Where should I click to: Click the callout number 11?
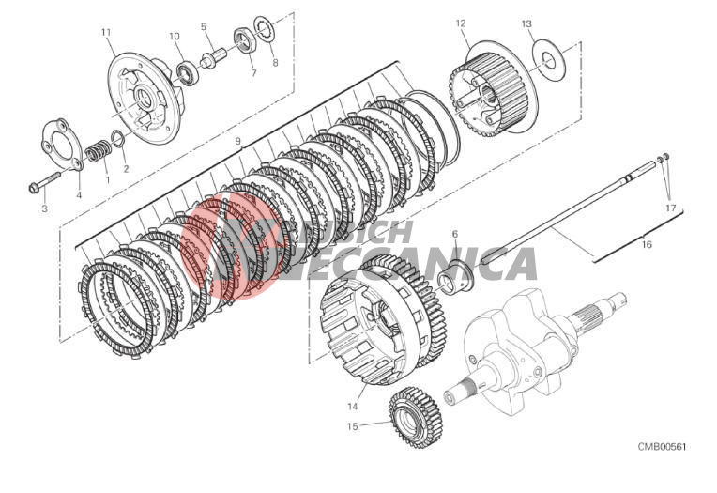coord(106,32)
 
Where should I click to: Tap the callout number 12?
coord(461,23)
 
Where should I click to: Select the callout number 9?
coord(237,141)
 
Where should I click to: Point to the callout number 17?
coord(670,208)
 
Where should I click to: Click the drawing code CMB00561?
coord(662,447)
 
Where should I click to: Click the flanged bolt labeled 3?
coord(45,182)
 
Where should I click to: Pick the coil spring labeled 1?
coord(98,150)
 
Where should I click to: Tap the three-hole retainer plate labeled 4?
coord(62,145)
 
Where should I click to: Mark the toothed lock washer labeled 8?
coord(263,29)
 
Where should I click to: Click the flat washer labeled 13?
coord(550,59)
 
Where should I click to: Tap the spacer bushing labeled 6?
coord(455,278)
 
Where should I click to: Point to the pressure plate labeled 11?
coord(145,98)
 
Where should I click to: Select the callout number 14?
coord(352,406)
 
